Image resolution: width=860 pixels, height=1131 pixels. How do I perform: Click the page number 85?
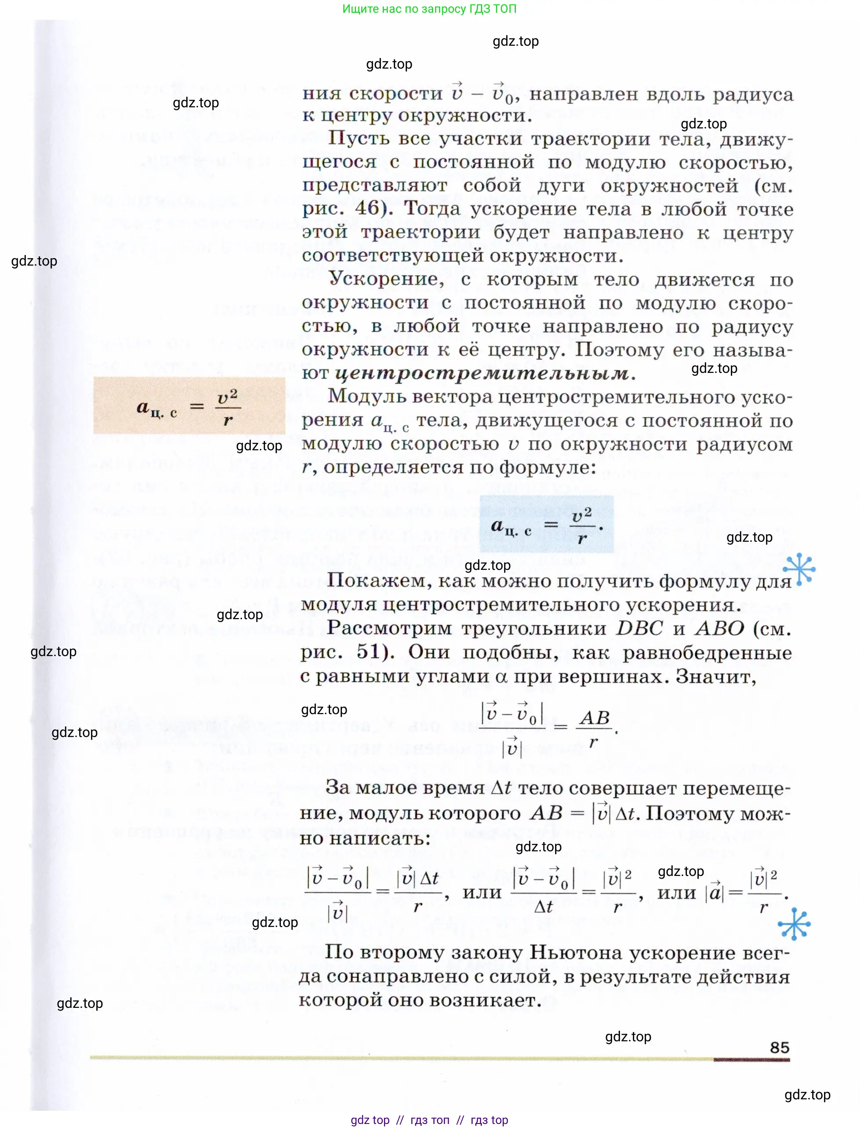779,1047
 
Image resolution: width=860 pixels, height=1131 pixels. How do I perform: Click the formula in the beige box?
189,407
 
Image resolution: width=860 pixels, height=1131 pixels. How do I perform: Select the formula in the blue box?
546,525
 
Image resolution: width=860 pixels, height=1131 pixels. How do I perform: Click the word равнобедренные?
707,653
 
